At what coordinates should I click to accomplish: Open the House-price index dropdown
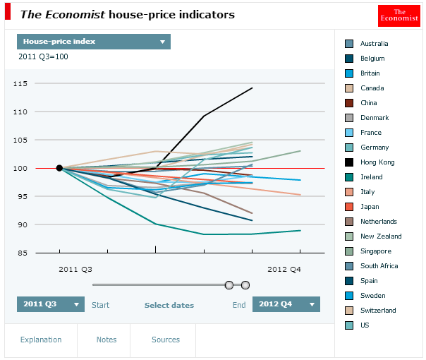pyautogui.click(x=93, y=42)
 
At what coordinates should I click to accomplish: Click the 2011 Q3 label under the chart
pyautogui.click(x=75, y=269)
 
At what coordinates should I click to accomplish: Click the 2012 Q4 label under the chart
pyautogui.click(x=284, y=269)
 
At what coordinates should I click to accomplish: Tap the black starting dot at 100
pyautogui.click(x=59, y=168)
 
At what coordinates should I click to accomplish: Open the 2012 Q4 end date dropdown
pyautogui.click(x=286, y=304)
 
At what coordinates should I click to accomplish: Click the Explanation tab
pyautogui.click(x=41, y=340)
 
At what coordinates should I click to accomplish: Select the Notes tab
pyautogui.click(x=107, y=340)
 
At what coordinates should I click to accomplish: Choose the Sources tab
pyautogui.click(x=166, y=340)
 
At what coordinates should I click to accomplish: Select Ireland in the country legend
pyautogui.click(x=371, y=176)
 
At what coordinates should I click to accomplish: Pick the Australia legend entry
pyautogui.click(x=374, y=43)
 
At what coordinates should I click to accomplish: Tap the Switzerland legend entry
pyautogui.click(x=377, y=310)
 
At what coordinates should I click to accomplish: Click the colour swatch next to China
pyautogui.click(x=349, y=102)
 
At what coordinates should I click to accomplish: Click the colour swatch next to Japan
pyautogui.click(x=349, y=206)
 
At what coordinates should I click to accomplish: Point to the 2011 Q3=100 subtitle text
pyautogui.click(x=43, y=57)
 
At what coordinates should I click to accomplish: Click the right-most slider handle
pyautogui.click(x=245, y=285)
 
